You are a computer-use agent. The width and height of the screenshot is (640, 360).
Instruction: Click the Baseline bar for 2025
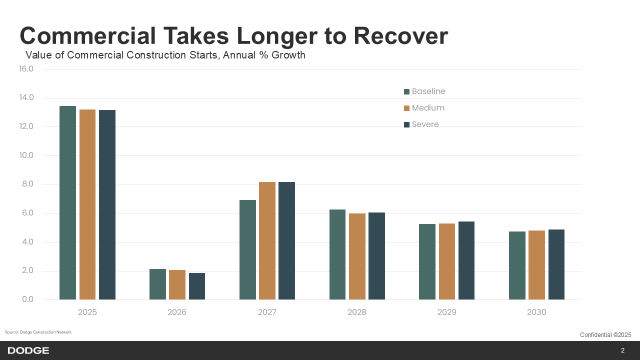[x=67, y=203]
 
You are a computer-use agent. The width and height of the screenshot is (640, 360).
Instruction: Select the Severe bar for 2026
[x=197, y=286]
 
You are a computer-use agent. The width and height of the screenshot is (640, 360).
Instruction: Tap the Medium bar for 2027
[x=267, y=241]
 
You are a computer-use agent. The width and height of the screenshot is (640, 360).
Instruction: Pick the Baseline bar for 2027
[x=247, y=250]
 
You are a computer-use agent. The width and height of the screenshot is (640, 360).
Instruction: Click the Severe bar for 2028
[x=376, y=256]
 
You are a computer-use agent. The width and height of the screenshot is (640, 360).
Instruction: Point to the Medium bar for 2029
[x=447, y=261]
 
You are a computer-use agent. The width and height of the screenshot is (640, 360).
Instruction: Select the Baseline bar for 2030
[x=517, y=265]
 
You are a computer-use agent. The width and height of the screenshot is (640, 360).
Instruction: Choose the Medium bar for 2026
[x=177, y=285]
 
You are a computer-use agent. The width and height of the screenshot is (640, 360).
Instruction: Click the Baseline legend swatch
[x=406, y=91]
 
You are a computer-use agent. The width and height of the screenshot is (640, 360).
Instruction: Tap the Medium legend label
[x=428, y=108]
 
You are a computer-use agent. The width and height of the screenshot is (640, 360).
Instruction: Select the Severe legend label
[x=425, y=124]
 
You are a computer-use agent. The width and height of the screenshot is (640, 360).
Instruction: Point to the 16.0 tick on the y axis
[x=26, y=69]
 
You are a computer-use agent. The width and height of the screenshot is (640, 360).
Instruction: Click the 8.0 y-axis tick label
[x=27, y=184]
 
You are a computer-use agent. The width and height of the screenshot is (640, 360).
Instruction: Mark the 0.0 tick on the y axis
[x=27, y=300]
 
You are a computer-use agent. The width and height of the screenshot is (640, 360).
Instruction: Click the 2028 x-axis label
[x=357, y=312]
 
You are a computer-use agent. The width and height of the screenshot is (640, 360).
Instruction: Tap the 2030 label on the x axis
[x=536, y=312]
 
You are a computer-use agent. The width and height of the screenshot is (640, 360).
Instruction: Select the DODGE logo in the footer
[x=28, y=350]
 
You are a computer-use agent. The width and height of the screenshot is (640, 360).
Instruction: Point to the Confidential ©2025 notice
[x=605, y=335]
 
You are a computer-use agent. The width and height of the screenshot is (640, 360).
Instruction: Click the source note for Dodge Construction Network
[x=38, y=332]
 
